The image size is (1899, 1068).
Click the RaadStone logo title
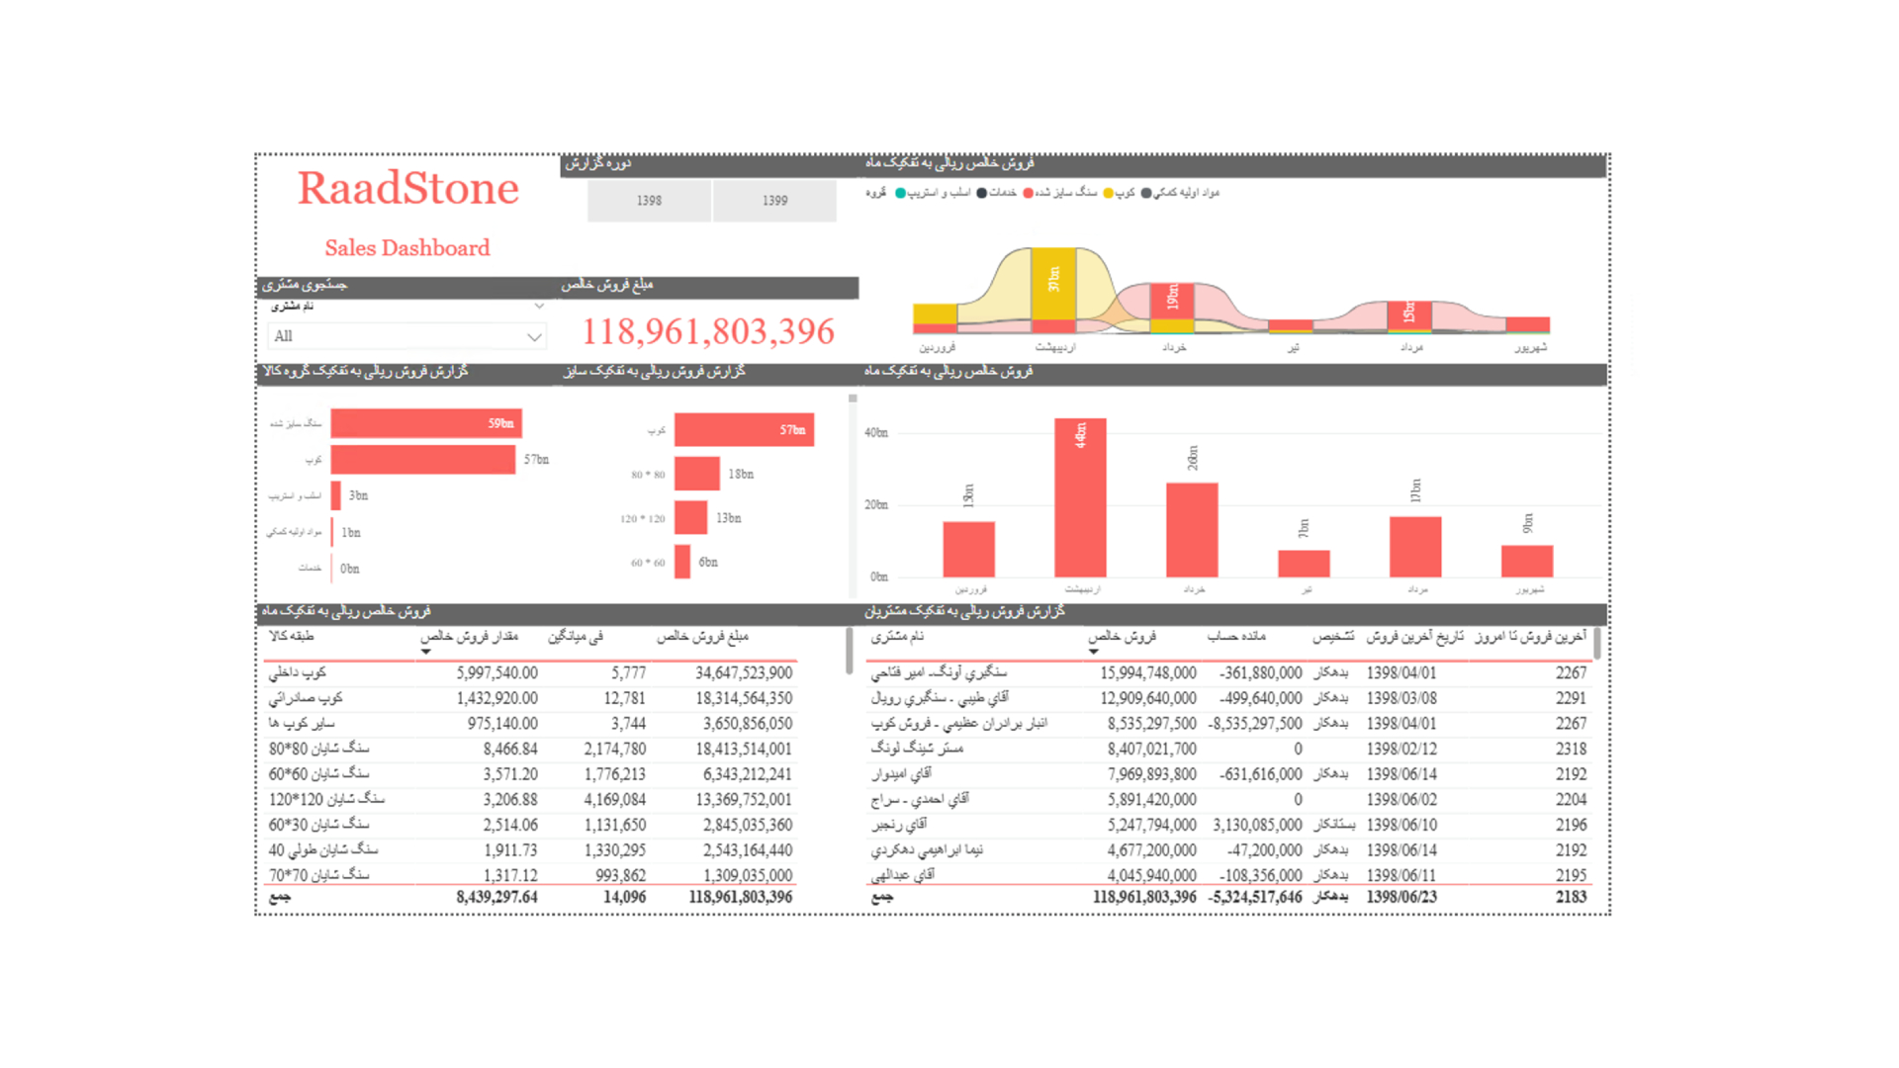click(x=407, y=189)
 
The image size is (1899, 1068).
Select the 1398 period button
click(x=649, y=201)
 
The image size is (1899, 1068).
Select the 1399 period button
click(x=774, y=201)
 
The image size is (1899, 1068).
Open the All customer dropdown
click(x=407, y=336)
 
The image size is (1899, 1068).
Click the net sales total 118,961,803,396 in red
click(x=708, y=331)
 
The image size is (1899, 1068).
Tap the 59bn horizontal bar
click(x=425, y=423)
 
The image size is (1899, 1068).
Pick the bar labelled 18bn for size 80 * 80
click(x=696, y=474)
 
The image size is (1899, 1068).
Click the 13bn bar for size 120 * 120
click(x=690, y=517)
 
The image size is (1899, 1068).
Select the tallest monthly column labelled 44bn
click(x=1080, y=498)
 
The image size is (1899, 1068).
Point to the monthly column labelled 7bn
click(x=1304, y=563)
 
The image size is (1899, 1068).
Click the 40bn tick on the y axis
click(x=876, y=432)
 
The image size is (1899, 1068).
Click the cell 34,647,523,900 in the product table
click(x=743, y=672)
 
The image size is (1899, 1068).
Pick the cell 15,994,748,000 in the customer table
click(x=1147, y=672)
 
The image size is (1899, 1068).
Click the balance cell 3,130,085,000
click(x=1257, y=825)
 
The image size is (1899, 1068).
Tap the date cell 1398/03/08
click(x=1402, y=698)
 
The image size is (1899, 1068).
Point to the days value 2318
click(x=1571, y=749)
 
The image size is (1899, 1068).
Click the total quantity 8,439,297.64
click(x=497, y=897)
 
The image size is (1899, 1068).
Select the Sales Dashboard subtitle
click(x=407, y=248)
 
